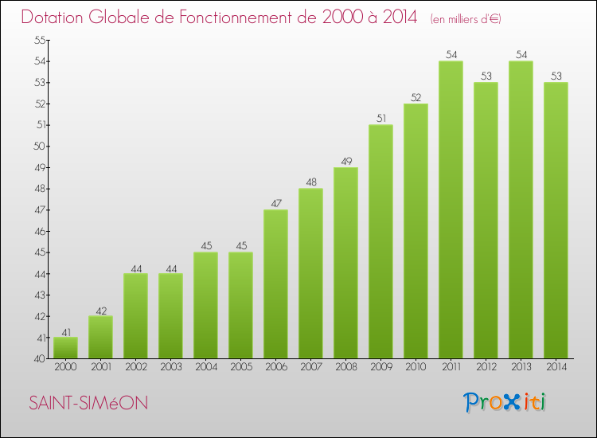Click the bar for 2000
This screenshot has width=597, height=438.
click(65, 348)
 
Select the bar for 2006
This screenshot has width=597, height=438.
click(275, 284)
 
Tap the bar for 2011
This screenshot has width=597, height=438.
click(451, 210)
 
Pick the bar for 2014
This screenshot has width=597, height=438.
click(556, 221)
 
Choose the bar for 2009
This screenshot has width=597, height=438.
click(380, 242)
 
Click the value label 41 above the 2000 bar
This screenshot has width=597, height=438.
click(65, 331)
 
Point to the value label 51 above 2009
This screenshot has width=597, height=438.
click(380, 119)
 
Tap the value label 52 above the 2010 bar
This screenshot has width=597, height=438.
click(416, 97)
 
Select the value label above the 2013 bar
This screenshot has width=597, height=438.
click(521, 55)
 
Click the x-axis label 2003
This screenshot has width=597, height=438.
click(170, 367)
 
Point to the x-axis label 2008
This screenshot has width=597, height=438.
click(345, 367)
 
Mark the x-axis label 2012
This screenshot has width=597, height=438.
click(486, 367)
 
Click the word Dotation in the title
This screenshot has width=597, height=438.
click(56, 17)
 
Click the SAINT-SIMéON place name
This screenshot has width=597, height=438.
click(88, 404)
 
